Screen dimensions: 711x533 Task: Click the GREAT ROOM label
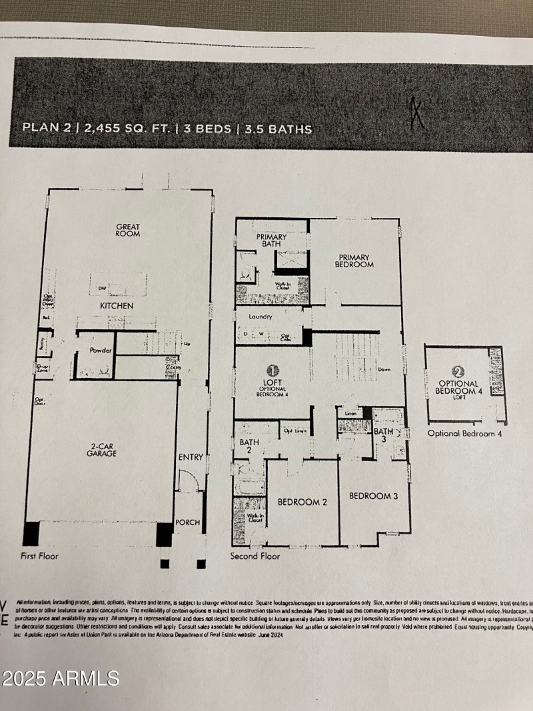click(128, 231)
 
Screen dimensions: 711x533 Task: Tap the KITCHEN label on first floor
click(117, 306)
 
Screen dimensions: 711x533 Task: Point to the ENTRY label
click(191, 457)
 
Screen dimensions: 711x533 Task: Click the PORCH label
click(188, 522)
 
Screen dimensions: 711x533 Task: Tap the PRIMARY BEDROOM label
click(355, 261)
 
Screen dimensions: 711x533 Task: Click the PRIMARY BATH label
click(271, 241)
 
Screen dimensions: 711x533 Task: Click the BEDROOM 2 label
click(302, 502)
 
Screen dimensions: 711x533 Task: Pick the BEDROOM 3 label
click(374, 496)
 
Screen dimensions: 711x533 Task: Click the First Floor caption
click(40, 556)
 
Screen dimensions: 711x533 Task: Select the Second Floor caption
click(255, 556)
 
